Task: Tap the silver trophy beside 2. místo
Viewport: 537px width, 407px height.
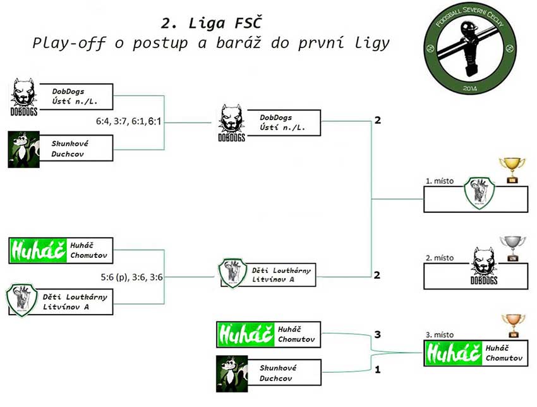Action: tap(512, 248)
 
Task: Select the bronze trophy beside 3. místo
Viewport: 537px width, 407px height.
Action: tap(513, 325)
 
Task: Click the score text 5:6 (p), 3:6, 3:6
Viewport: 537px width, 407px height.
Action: tap(131, 276)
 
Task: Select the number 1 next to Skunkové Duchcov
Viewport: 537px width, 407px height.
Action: tap(377, 370)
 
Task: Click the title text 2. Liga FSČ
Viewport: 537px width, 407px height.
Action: tap(210, 23)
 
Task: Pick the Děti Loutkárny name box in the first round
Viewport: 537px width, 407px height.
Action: tap(76, 301)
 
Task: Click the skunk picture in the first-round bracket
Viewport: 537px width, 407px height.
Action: tap(23, 149)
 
